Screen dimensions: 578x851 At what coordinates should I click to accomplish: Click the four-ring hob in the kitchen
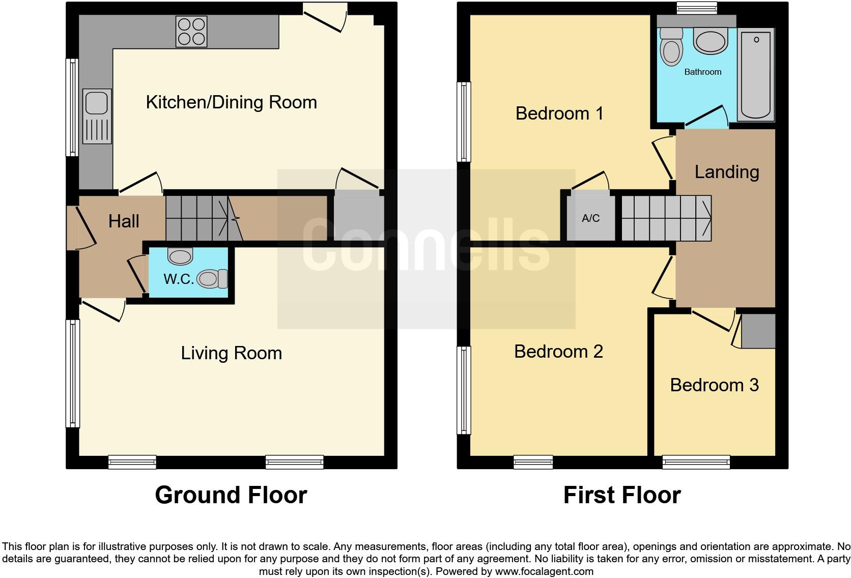click(191, 32)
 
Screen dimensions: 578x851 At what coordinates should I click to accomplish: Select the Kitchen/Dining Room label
click(231, 102)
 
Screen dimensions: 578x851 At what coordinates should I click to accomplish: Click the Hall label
click(124, 221)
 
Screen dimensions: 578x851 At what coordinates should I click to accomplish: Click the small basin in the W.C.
click(180, 256)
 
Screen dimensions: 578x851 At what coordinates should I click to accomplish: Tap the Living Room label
click(231, 353)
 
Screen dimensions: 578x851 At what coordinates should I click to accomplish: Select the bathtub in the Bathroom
click(756, 75)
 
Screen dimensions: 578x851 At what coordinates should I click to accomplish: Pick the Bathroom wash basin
click(711, 41)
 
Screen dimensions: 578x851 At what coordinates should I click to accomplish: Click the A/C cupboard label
click(590, 218)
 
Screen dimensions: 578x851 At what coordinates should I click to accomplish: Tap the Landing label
click(726, 172)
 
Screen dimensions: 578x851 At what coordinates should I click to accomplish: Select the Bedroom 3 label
click(714, 385)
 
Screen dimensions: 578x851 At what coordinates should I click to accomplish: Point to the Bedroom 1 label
click(559, 113)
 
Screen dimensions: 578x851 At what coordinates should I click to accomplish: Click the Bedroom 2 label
click(558, 352)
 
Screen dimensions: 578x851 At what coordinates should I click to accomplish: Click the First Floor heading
click(621, 495)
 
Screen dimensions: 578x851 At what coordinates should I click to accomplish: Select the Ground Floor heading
click(231, 495)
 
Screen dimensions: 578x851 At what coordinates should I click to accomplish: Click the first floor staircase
click(666, 218)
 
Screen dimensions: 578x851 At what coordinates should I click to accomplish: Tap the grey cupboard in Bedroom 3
click(758, 331)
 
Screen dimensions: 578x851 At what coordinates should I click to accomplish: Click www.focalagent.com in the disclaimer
click(544, 571)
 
